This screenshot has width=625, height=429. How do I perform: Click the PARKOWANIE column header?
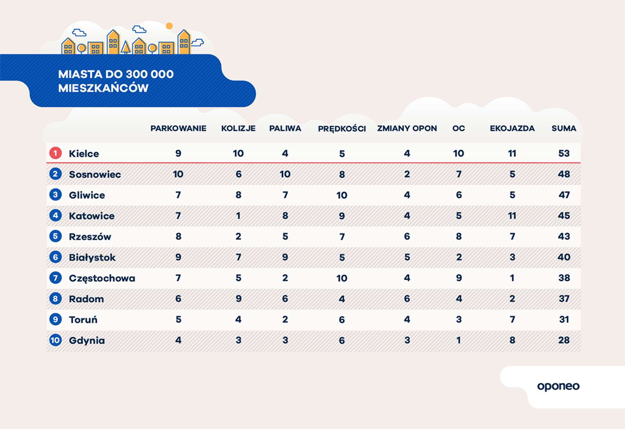click(178, 129)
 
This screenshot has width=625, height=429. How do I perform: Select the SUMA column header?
click(564, 129)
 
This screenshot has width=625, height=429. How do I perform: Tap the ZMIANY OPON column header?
click(407, 129)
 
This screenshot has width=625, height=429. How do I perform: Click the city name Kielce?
click(84, 154)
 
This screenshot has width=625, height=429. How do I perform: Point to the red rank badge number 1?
click(56, 153)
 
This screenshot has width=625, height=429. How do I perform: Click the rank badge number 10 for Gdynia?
click(56, 340)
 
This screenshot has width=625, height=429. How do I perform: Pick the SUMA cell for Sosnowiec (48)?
click(564, 174)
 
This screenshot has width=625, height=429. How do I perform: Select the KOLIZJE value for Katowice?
click(238, 216)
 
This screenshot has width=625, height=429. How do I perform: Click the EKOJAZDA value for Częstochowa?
click(512, 278)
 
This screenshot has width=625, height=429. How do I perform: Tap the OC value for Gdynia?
click(458, 340)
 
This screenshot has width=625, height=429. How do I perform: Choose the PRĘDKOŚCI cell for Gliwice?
click(342, 195)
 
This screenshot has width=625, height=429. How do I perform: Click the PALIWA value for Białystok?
click(285, 257)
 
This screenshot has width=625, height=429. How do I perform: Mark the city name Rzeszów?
click(90, 237)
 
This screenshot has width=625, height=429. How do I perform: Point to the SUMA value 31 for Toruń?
click(564, 319)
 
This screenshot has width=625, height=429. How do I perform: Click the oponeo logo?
click(558, 386)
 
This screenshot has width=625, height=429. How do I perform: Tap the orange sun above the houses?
click(169, 26)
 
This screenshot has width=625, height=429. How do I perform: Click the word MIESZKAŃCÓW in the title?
click(103, 88)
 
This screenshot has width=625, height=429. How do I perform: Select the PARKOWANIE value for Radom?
click(178, 299)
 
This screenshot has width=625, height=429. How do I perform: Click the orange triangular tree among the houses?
click(126, 47)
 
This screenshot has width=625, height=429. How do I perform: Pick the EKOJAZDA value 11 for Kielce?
click(512, 153)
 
